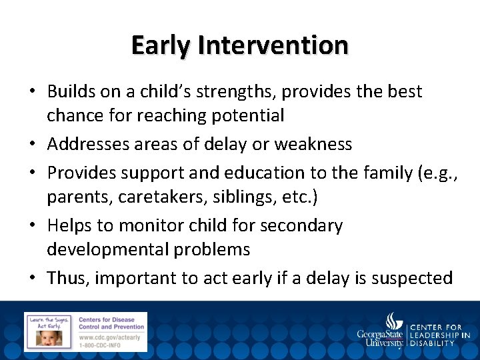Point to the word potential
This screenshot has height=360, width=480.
(248, 115)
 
